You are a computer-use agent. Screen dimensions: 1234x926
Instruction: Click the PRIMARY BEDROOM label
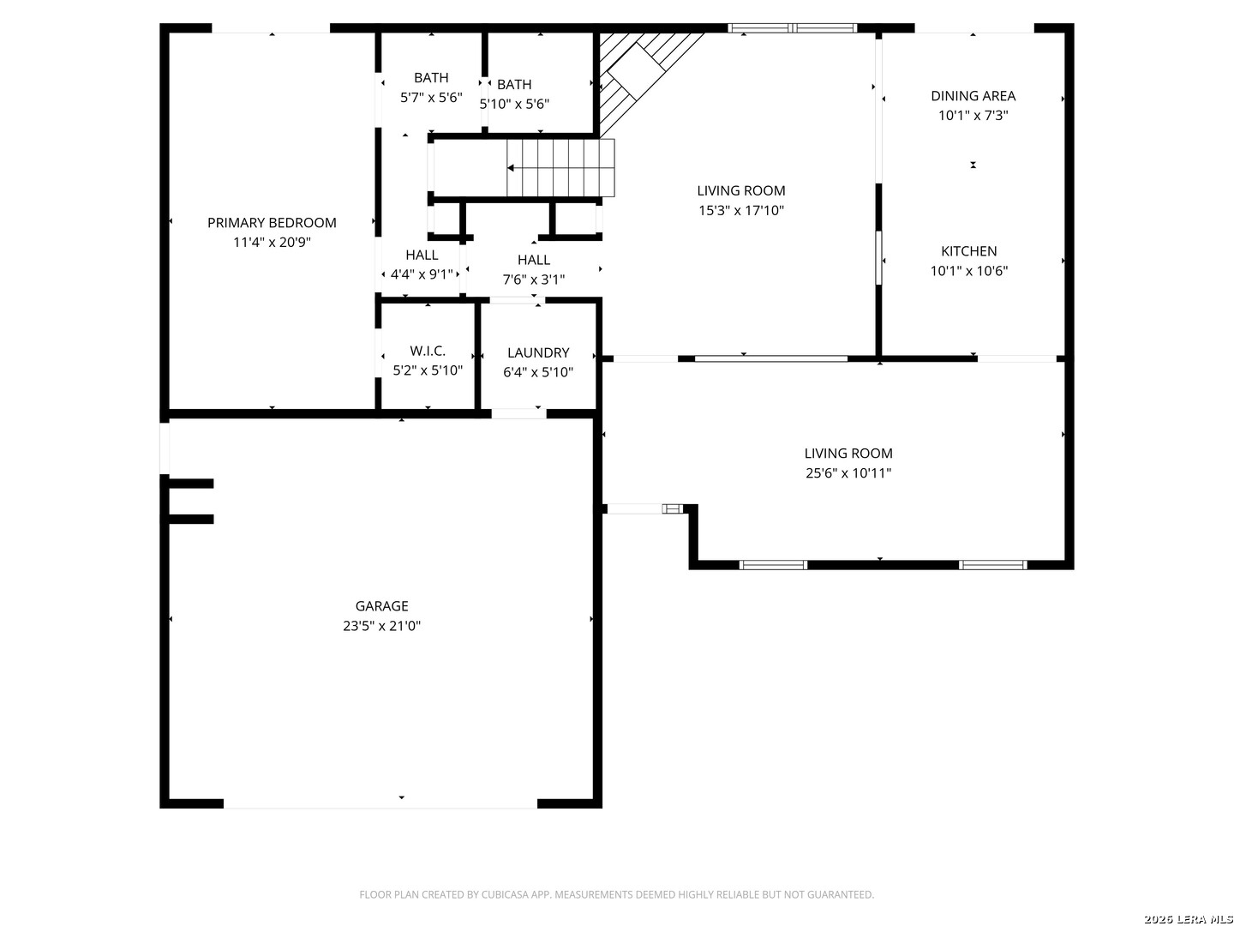(x=272, y=223)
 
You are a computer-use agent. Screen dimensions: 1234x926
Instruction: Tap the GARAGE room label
(x=381, y=606)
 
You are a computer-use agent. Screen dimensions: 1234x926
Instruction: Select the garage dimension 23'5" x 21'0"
(x=381, y=626)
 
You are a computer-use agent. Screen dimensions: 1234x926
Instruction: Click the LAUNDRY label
(x=538, y=352)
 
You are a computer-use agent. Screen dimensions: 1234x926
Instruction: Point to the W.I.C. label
(x=428, y=351)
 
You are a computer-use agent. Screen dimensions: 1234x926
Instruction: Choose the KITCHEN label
(x=968, y=251)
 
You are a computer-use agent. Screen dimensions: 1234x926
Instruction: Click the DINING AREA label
(x=973, y=96)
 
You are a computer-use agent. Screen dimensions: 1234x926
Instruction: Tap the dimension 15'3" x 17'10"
(x=741, y=210)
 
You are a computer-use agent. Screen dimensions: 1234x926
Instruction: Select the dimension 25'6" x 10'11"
(x=848, y=472)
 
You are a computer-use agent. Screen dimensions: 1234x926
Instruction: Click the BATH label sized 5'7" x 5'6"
(x=431, y=77)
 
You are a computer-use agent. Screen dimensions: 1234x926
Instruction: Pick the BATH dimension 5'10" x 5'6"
(x=514, y=104)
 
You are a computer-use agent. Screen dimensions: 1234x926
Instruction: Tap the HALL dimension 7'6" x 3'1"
(x=534, y=280)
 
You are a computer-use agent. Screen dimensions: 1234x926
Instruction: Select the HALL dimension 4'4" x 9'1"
(x=422, y=274)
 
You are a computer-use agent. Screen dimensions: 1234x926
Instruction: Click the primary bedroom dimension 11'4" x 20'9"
(x=273, y=243)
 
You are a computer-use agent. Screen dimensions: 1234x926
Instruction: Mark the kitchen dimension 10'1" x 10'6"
(x=968, y=271)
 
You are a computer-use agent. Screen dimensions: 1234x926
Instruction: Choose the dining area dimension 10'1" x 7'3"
(x=973, y=116)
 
